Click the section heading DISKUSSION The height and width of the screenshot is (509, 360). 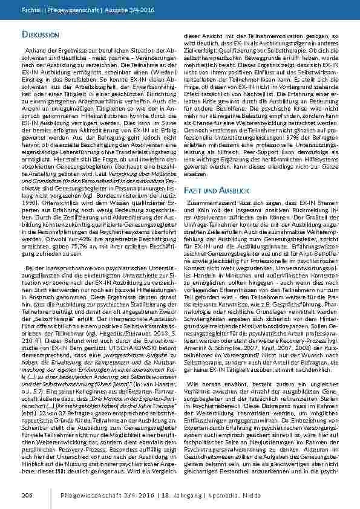pyautogui.click(x=41, y=36)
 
